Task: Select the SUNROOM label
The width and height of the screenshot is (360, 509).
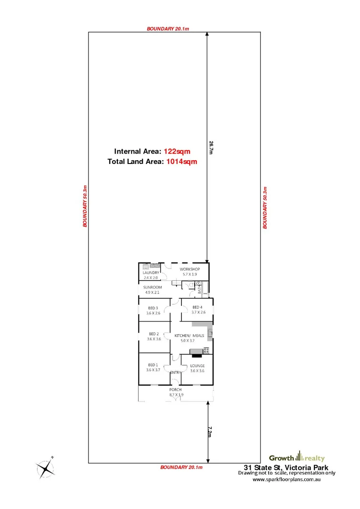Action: (153, 287)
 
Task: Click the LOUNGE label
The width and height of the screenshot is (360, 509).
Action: (197, 365)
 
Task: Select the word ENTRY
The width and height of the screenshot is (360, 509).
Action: (175, 373)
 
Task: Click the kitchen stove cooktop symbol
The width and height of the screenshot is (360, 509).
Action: (205, 350)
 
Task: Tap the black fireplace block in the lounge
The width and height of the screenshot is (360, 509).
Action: (196, 355)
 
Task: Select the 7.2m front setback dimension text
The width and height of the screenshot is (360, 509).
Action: (211, 431)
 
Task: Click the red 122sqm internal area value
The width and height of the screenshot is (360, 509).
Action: (177, 151)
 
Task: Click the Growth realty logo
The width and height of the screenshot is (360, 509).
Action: (296, 457)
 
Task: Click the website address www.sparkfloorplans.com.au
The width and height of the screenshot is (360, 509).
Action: (287, 480)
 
